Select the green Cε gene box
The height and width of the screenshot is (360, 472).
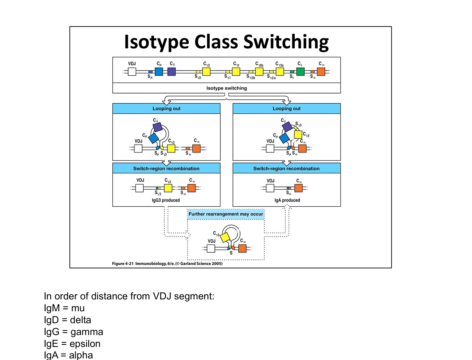pos(300,72)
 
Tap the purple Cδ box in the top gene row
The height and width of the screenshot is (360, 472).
pos(171,72)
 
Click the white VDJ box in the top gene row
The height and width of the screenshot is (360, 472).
pos(132,72)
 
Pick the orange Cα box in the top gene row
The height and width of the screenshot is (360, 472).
pos(321,72)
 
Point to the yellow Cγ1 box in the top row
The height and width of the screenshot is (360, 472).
pos(236,72)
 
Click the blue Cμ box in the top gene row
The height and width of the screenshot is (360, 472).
pos(159,72)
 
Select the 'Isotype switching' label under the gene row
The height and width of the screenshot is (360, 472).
pos(226,88)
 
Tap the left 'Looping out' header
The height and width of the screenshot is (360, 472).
pos(166,109)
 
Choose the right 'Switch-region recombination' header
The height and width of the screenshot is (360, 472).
pos(286,168)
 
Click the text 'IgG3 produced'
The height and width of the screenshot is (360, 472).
pos(166,200)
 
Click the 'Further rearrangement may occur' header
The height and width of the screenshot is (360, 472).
pos(226,214)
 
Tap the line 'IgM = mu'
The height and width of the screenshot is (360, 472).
pos(64,308)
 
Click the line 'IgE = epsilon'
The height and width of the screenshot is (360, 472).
pos(72,343)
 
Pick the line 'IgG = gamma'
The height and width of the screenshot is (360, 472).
pos(74,331)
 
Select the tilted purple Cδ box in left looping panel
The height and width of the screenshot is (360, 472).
pos(157,127)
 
